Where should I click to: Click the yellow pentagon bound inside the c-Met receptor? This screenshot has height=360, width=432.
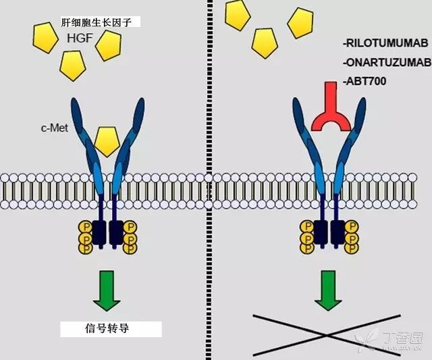pyautogui.click(x=106, y=139)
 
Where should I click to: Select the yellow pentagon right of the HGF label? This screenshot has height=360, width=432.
pyautogui.click(x=108, y=45)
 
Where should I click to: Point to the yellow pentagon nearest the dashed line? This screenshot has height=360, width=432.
pyautogui.click(x=238, y=15)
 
